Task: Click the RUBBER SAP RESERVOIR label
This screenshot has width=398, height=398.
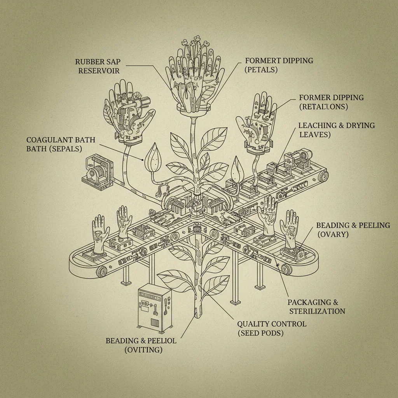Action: [98, 66]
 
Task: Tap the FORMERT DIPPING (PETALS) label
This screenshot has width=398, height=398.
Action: [279, 65]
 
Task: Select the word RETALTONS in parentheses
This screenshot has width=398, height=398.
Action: [323, 106]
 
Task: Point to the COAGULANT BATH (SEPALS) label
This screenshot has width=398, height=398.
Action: [61, 144]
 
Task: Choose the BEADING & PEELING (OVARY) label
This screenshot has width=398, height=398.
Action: [353, 230]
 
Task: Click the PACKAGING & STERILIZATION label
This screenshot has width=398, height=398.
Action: [316, 307]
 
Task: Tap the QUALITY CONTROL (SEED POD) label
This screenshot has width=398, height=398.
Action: [271, 328]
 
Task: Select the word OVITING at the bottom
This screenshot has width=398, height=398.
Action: [143, 349]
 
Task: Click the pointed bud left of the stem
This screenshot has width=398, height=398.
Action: [150, 157]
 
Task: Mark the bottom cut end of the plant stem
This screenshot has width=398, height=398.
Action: [198, 312]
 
